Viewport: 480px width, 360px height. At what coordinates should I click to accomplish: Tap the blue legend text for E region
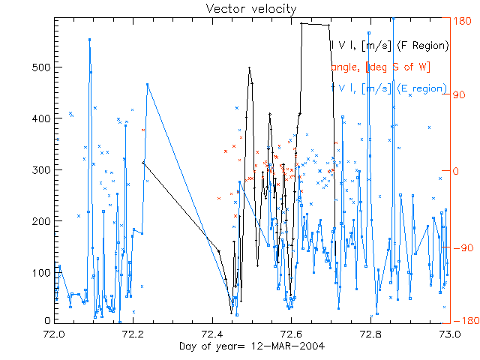point(389,88)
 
